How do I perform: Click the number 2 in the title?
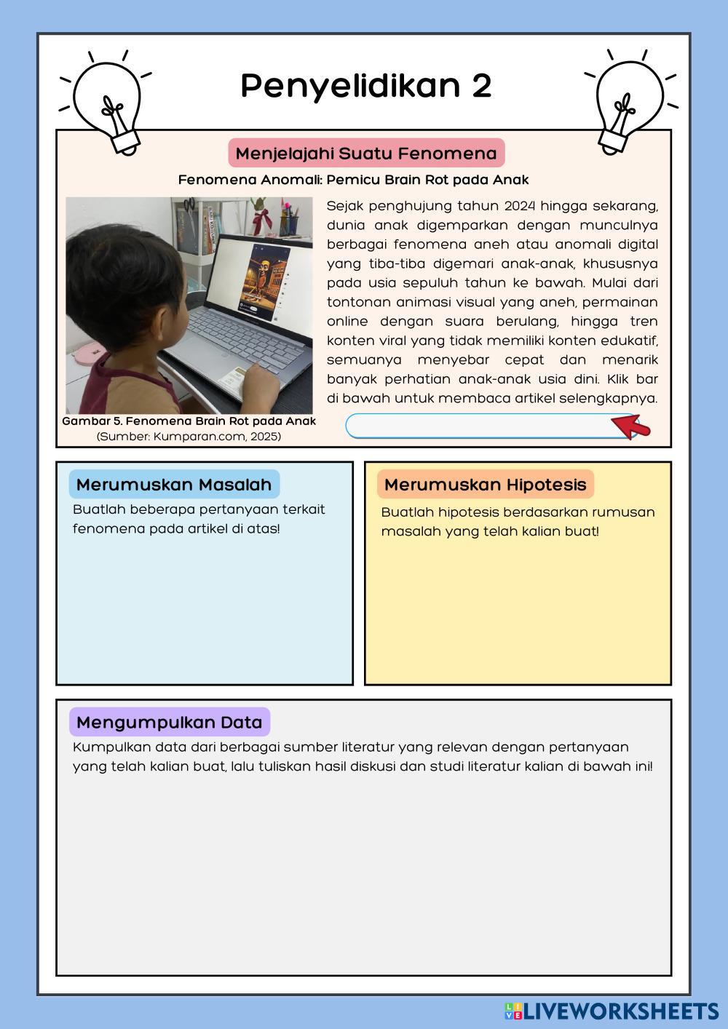pos(481,86)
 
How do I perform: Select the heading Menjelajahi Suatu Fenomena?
pos(366,154)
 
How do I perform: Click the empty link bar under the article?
pos(480,426)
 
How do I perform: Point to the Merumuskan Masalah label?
pos(174,485)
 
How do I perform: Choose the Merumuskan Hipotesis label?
pos(485,485)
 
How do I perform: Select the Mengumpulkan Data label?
pos(169,723)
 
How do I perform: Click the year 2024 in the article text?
pos(519,206)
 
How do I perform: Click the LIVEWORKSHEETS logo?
pos(612,1011)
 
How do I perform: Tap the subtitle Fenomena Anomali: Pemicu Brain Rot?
pos(353,180)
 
